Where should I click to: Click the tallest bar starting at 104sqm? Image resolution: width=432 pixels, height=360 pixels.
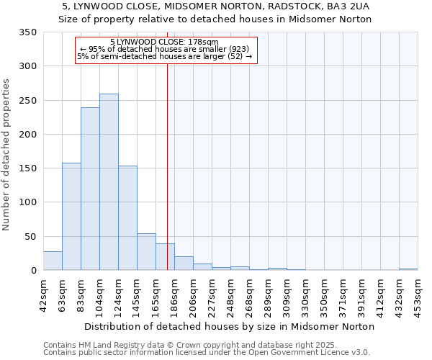pos(109,182)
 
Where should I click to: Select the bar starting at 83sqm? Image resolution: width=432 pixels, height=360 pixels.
pos(90,189)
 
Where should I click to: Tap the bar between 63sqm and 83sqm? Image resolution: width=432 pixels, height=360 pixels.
pos(71,217)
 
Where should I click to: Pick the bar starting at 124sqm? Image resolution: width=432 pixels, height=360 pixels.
pos(127,218)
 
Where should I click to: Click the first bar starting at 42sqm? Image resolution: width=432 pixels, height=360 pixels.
pos(53,261)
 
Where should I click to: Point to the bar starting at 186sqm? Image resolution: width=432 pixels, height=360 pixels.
pos(184,264)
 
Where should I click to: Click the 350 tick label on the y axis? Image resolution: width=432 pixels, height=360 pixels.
pos(27,32)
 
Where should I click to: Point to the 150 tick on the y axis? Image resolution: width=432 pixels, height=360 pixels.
pos(27,168)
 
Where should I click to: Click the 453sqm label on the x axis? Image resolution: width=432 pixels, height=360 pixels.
pos(418,294)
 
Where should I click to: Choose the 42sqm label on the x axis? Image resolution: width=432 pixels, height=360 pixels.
pos(44,294)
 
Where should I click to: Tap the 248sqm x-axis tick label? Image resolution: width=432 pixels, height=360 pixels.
pos(231,294)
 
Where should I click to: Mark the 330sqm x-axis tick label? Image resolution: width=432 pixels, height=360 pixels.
pos(306,294)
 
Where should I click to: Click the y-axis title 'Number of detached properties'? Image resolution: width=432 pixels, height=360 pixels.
pos(6,155)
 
